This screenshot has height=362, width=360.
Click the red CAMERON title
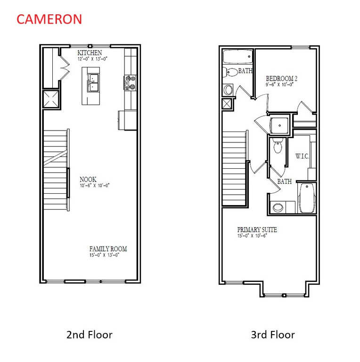pos(49,19)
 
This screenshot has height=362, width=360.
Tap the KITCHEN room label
pos(90,53)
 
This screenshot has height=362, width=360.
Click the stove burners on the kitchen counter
pos(130,83)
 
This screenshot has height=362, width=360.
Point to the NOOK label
pos(88,180)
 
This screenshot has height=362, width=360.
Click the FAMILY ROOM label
pos(108,249)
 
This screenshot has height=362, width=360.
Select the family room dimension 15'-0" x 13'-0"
pos(105,255)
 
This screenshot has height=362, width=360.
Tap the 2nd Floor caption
pos(89,335)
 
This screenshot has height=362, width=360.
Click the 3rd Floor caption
pos(272,335)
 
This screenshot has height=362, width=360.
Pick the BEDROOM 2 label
pos(281,78)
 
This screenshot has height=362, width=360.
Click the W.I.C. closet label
pos(302,156)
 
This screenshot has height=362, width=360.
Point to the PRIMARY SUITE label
pos(257,230)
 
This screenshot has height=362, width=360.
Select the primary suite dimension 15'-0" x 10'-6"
pos(252,236)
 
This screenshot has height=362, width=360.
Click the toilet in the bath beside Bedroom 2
pos(231,72)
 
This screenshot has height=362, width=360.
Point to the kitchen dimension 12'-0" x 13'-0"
pos(92,59)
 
